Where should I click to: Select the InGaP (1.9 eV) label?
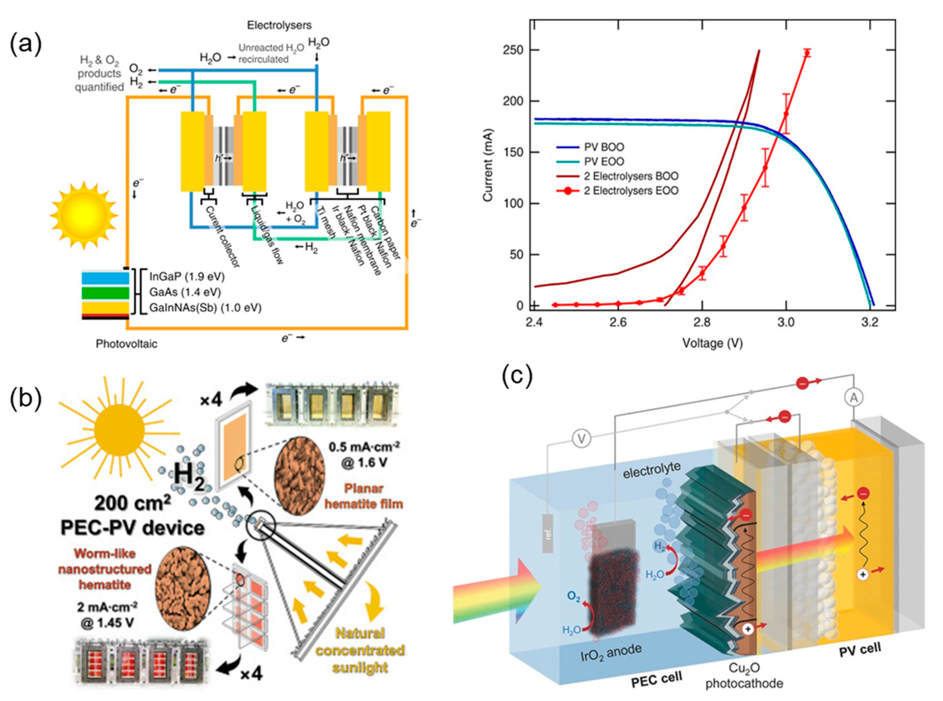pos(187,277)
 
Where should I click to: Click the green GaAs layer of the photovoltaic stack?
pos(105,293)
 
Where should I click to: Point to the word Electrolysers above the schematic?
pos(279,25)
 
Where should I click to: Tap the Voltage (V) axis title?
pos(712,343)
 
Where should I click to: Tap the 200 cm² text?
pos(132,503)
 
